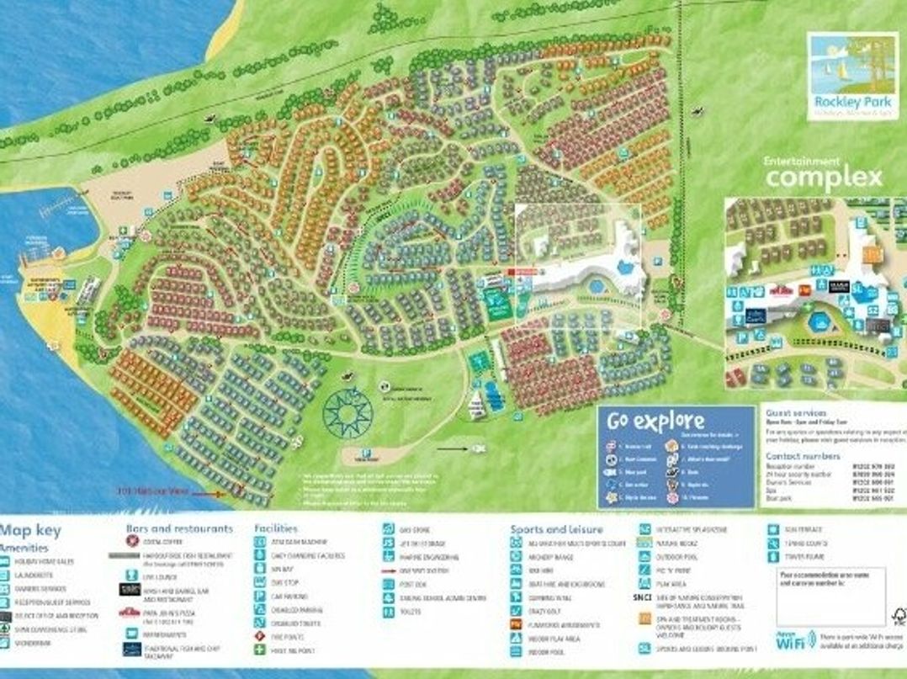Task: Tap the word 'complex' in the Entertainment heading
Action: point(824,178)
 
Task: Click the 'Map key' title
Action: point(31,531)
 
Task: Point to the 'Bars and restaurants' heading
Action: point(179,528)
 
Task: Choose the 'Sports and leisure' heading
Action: point(556,529)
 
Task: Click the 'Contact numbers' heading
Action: point(803,456)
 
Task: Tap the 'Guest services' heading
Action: point(795,413)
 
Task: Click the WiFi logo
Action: point(788,641)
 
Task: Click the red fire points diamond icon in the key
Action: point(261,636)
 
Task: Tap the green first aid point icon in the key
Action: point(261,650)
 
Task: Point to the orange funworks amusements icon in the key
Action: point(516,624)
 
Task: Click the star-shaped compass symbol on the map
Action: point(347,411)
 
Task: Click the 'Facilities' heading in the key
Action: point(276,528)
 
